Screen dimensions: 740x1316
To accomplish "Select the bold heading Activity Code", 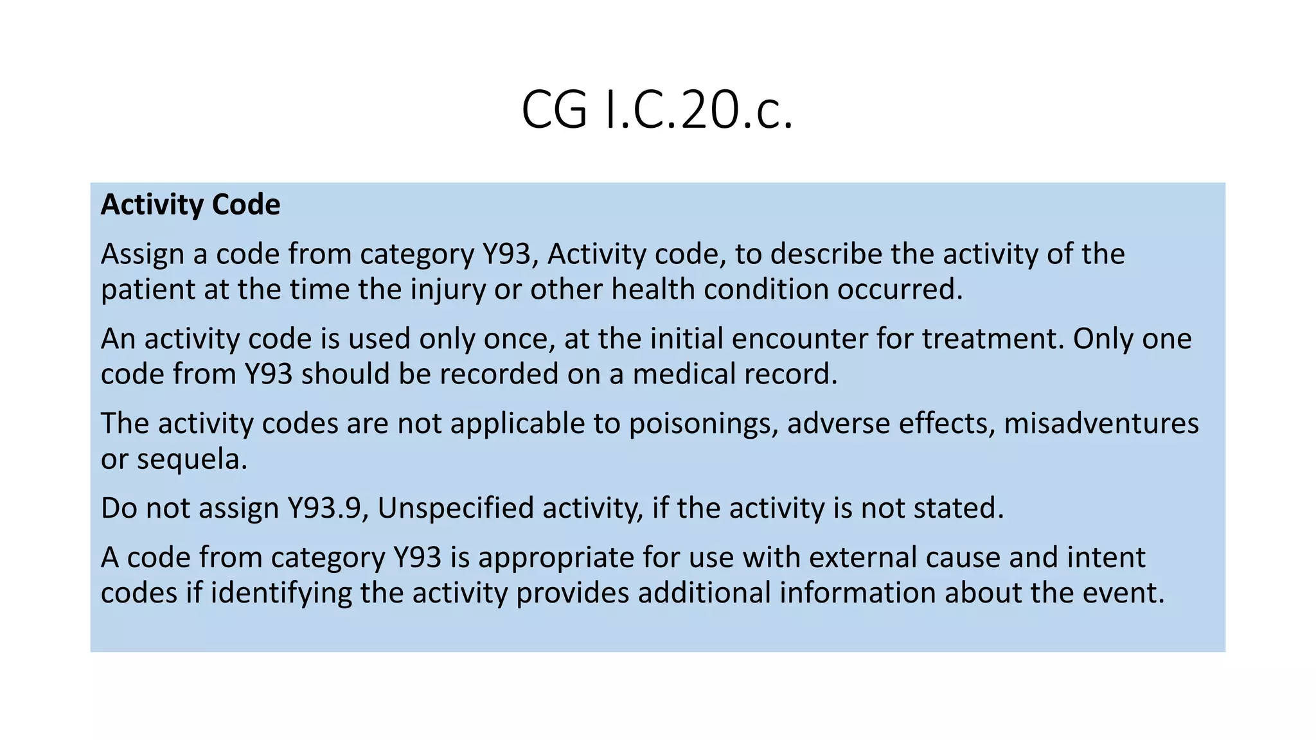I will [190, 205].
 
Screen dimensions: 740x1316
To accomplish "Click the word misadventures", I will [1101, 424].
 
